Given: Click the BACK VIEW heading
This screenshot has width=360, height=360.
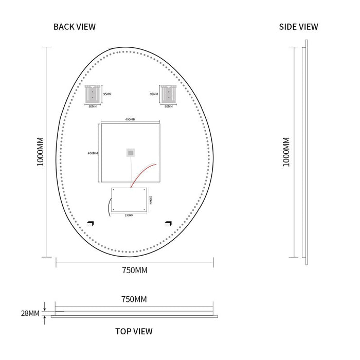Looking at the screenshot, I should click(x=75, y=27).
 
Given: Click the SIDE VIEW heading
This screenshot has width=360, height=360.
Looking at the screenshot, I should click(x=298, y=27).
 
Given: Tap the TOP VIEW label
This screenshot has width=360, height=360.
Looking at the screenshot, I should click(x=134, y=331).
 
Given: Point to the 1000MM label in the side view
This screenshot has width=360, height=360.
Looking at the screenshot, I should click(x=286, y=152).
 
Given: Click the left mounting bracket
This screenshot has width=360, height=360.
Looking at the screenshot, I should click(x=93, y=94).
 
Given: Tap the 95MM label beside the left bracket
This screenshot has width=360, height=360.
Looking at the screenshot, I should click(x=107, y=94).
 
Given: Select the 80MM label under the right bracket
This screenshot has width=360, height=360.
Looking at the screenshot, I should click(x=168, y=106).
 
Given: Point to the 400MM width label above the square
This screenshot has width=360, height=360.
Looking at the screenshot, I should click(x=130, y=119).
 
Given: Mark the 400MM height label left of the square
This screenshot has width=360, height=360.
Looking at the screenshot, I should click(x=93, y=153).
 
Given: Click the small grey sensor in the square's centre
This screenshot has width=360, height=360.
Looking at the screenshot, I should click(x=131, y=152).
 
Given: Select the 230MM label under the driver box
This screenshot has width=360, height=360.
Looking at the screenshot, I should click(x=129, y=215).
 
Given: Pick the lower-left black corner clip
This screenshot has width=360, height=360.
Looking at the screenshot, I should click(x=91, y=223).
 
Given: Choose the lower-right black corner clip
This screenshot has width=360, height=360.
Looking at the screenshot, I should click(x=168, y=223).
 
